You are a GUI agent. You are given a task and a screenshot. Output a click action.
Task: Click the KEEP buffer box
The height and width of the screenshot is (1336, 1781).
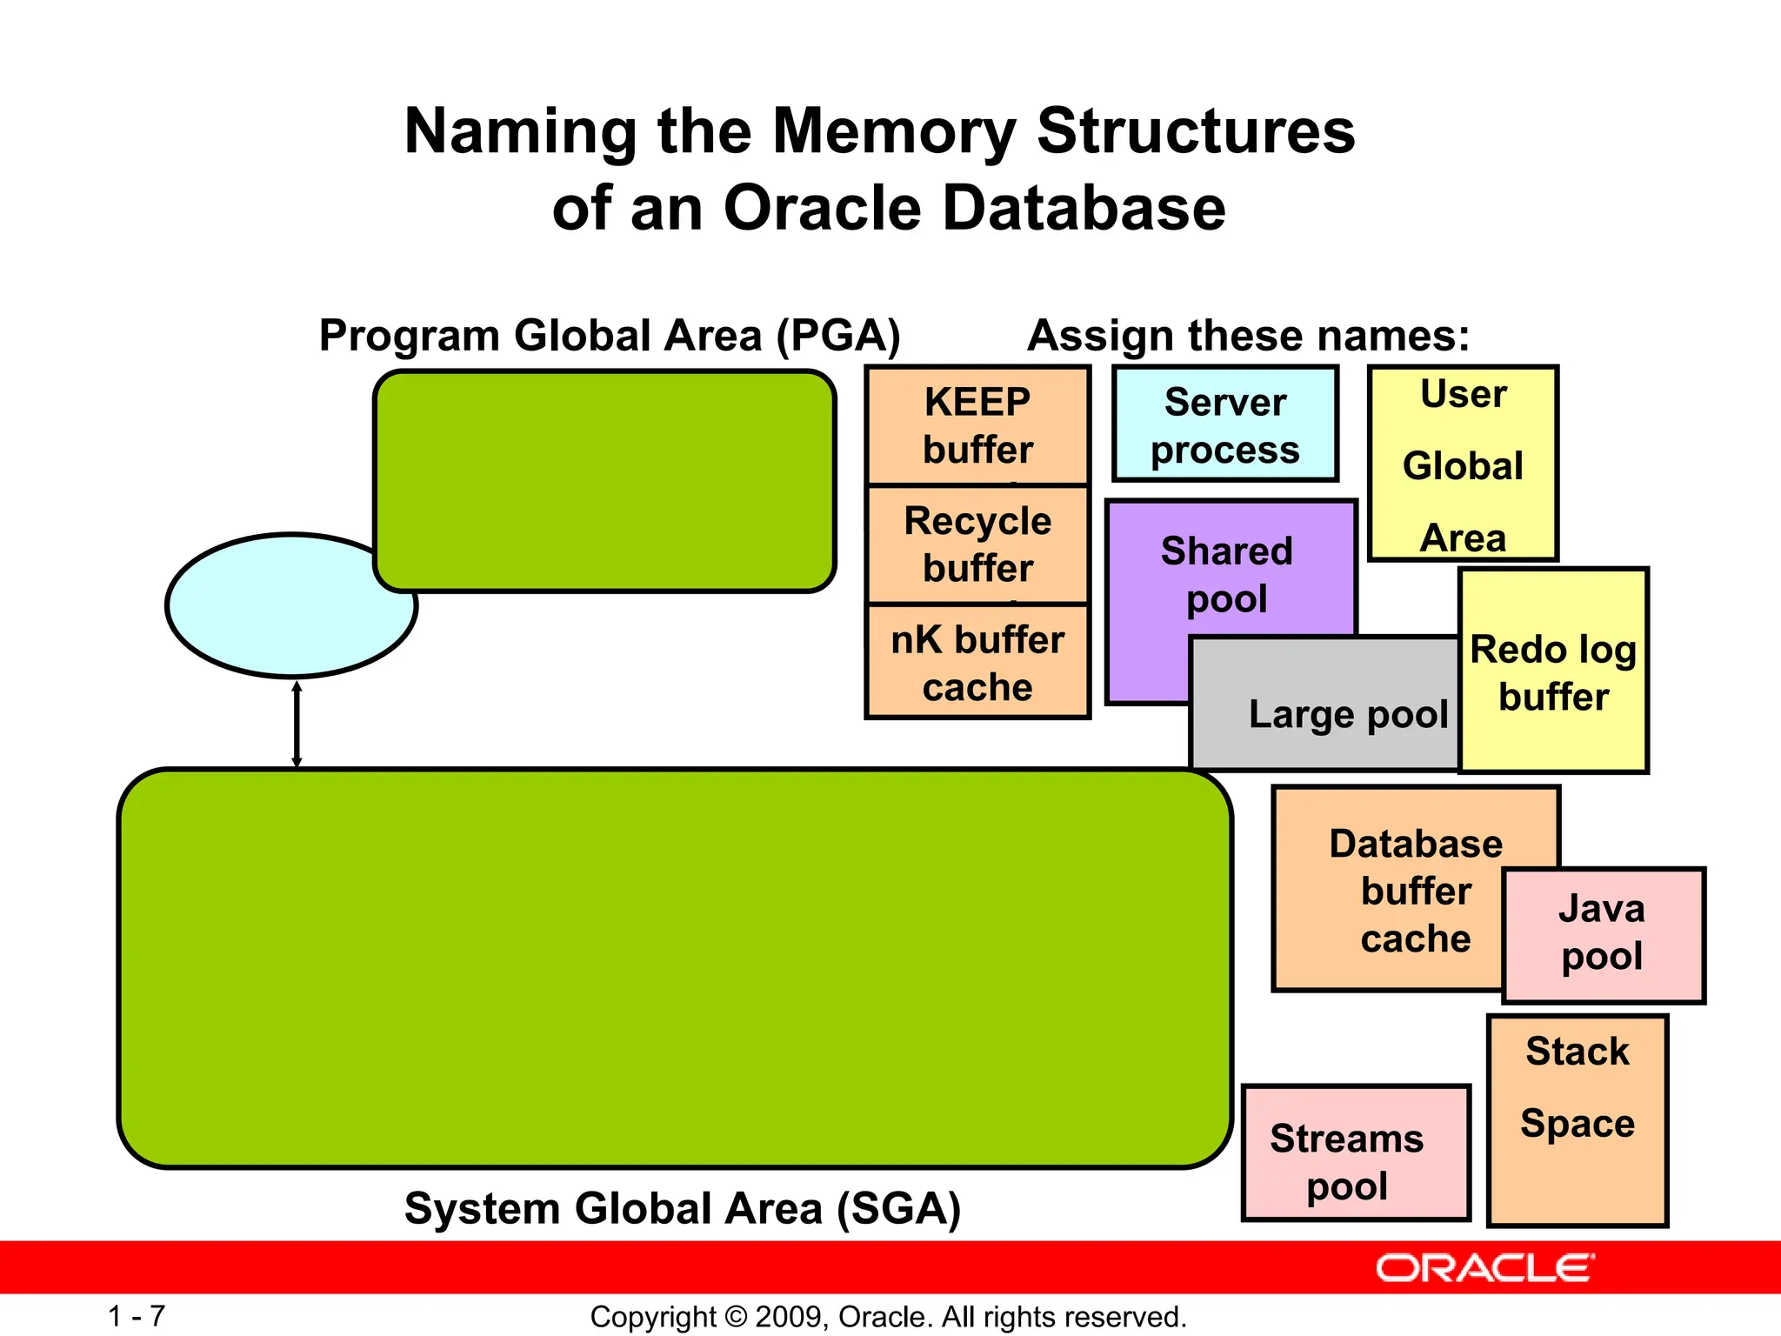tap(977, 425)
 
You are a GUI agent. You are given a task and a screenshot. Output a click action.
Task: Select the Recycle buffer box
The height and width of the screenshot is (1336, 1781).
tap(977, 544)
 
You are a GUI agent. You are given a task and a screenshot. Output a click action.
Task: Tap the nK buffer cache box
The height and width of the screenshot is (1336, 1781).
tap(977, 663)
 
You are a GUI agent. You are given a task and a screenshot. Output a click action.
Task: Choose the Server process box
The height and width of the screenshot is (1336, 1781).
tap(1224, 425)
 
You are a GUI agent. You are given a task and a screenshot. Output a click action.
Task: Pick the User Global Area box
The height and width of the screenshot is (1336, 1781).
tap(1463, 464)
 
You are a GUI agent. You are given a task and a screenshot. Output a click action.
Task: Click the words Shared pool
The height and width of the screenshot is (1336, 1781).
tap(1226, 575)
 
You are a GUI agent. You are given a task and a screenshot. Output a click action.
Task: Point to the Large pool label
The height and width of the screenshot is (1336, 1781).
tap(1348, 714)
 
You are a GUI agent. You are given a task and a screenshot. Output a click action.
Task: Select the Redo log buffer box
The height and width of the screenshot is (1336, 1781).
tap(1553, 672)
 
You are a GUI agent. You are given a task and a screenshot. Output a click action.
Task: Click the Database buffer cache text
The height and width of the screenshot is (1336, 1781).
tap(1415, 891)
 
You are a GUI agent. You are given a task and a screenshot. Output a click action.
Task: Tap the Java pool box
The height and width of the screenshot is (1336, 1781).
tap(1603, 933)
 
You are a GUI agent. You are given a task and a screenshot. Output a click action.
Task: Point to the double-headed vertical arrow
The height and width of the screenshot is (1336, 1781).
tap(297, 724)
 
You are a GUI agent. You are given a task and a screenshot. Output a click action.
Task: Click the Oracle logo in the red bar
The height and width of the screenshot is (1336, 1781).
tap(1484, 1268)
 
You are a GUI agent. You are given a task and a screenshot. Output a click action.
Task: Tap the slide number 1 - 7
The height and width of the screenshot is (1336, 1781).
tap(137, 1316)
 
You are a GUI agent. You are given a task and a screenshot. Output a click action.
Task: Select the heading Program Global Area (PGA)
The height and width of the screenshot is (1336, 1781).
tap(610, 336)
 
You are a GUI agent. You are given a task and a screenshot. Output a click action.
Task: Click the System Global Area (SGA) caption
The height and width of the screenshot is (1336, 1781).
tap(683, 1209)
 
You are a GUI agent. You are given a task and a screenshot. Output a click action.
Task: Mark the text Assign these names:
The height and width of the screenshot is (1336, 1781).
tap(1248, 336)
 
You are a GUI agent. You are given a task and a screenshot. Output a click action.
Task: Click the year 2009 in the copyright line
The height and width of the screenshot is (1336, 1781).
tap(790, 1317)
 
